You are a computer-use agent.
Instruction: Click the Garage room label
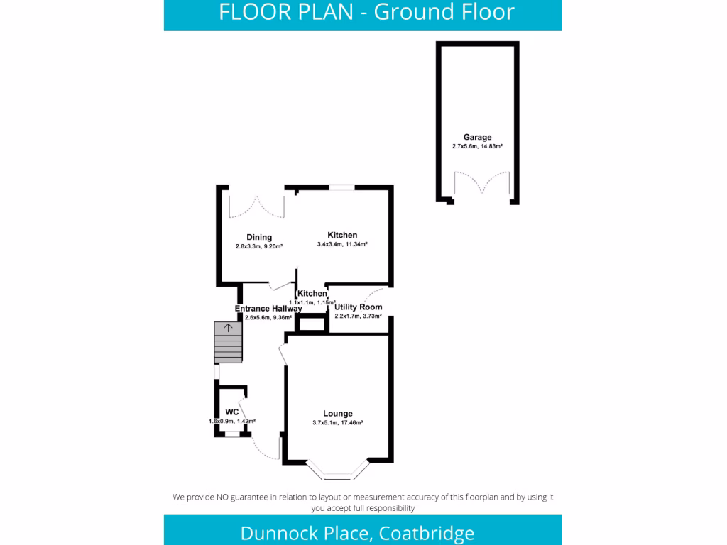pyautogui.click(x=477, y=137)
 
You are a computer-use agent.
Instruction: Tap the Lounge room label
pyautogui.click(x=337, y=414)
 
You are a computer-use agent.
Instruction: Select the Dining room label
pyautogui.click(x=259, y=237)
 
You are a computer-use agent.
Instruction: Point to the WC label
pyautogui.click(x=231, y=412)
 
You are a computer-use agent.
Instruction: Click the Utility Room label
pyautogui.click(x=359, y=307)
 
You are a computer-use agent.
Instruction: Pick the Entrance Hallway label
pyautogui.click(x=268, y=309)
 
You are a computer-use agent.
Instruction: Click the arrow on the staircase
pyautogui.click(x=228, y=328)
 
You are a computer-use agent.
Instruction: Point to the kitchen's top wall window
pyautogui.click(x=341, y=187)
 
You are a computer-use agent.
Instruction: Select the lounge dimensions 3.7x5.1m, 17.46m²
pyautogui.click(x=337, y=423)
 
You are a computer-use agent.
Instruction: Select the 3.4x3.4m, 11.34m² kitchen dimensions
pyautogui.click(x=341, y=244)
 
